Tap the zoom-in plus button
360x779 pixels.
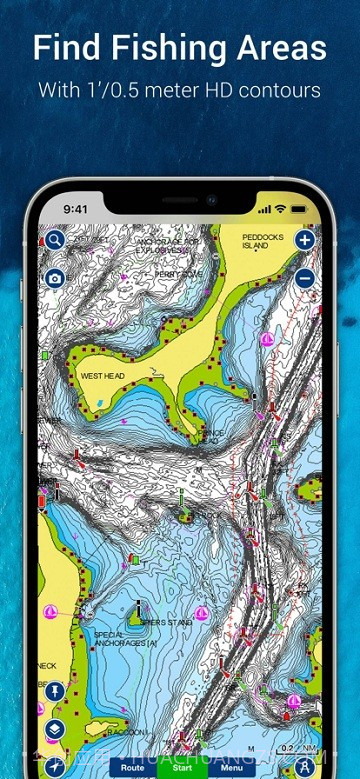[305, 240]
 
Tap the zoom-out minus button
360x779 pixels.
[305, 279]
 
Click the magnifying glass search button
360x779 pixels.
[54, 240]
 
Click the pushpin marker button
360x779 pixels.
[54, 691]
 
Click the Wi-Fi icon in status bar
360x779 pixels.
[280, 210]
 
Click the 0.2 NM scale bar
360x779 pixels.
[290, 748]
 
